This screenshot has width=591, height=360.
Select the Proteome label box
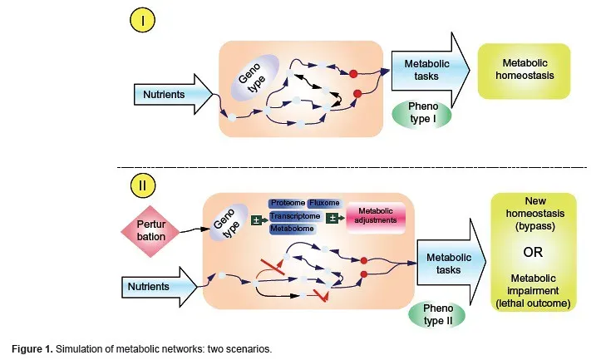pyautogui.click(x=288, y=203)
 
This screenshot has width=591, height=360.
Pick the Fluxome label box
pyautogui.click(x=323, y=203)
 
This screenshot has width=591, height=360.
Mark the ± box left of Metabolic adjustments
pyautogui.click(x=332, y=218)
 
